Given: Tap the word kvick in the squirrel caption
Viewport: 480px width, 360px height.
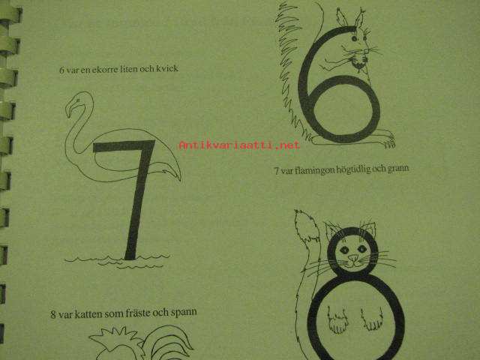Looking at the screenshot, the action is tap(167, 68).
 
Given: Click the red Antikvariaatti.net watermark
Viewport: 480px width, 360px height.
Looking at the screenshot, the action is tap(239, 145).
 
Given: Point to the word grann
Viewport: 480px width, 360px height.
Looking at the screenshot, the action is tap(397, 168).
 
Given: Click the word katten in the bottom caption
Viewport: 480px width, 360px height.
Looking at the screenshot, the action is tap(88, 313).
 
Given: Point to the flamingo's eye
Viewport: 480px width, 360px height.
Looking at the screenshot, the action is tap(78, 100).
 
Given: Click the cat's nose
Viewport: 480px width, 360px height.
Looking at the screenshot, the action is tap(353, 257).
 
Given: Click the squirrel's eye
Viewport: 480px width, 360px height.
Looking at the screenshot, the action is tap(354, 38).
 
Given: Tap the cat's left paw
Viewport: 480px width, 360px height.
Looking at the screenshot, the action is tap(337, 321).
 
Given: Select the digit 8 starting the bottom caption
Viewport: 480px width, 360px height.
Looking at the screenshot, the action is tap(53, 315).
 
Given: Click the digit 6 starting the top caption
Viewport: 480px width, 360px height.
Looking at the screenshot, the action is tap(61, 70).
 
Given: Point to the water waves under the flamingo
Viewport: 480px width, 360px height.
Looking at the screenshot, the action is tap(117, 261).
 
